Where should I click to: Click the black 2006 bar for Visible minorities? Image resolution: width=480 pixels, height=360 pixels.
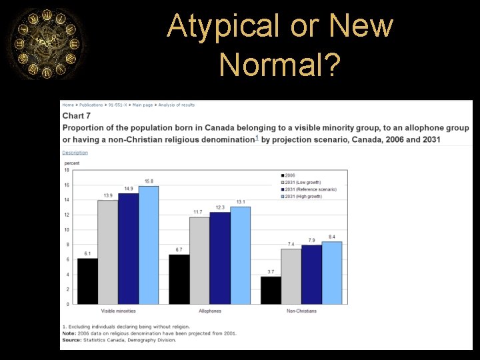coord(87,281)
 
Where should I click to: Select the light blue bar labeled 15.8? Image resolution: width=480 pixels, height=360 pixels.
coord(148,245)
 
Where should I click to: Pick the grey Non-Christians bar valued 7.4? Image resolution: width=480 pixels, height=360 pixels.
coord(291,276)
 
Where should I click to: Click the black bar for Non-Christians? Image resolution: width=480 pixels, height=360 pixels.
coord(271,290)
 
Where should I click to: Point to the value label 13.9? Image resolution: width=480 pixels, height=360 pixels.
coord(107,195)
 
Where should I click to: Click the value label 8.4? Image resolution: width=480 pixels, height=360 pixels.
coord(332,237)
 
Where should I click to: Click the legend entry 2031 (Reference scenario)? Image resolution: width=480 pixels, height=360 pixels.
coord(310,189)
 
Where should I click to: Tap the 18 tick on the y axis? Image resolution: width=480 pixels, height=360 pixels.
coord(67,170)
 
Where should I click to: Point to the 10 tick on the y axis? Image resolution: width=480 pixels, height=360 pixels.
coord(67,230)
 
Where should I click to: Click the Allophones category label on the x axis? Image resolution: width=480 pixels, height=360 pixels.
coord(210,311)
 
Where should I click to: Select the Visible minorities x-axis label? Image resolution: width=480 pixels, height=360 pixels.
coord(118,311)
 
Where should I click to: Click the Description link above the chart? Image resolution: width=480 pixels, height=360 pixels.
coord(75,153)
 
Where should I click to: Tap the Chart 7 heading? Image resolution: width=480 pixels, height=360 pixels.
coord(76,116)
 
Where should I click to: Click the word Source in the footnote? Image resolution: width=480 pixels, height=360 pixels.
coord(71,340)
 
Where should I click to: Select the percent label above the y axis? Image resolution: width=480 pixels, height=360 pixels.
coord(71,163)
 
